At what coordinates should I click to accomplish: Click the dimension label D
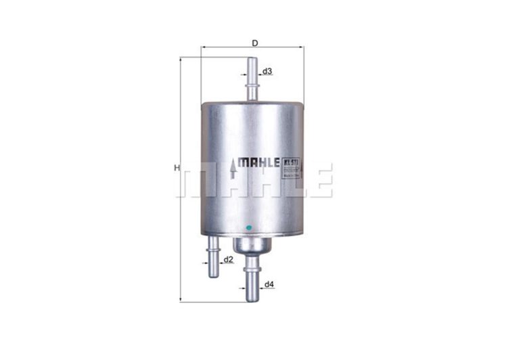click(254, 43)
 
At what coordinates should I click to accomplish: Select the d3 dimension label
click(268, 72)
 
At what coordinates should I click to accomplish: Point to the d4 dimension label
click(269, 284)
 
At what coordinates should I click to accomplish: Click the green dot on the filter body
click(250, 227)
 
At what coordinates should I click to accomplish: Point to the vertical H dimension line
click(181, 203)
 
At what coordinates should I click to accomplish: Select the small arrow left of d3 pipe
click(243, 72)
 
